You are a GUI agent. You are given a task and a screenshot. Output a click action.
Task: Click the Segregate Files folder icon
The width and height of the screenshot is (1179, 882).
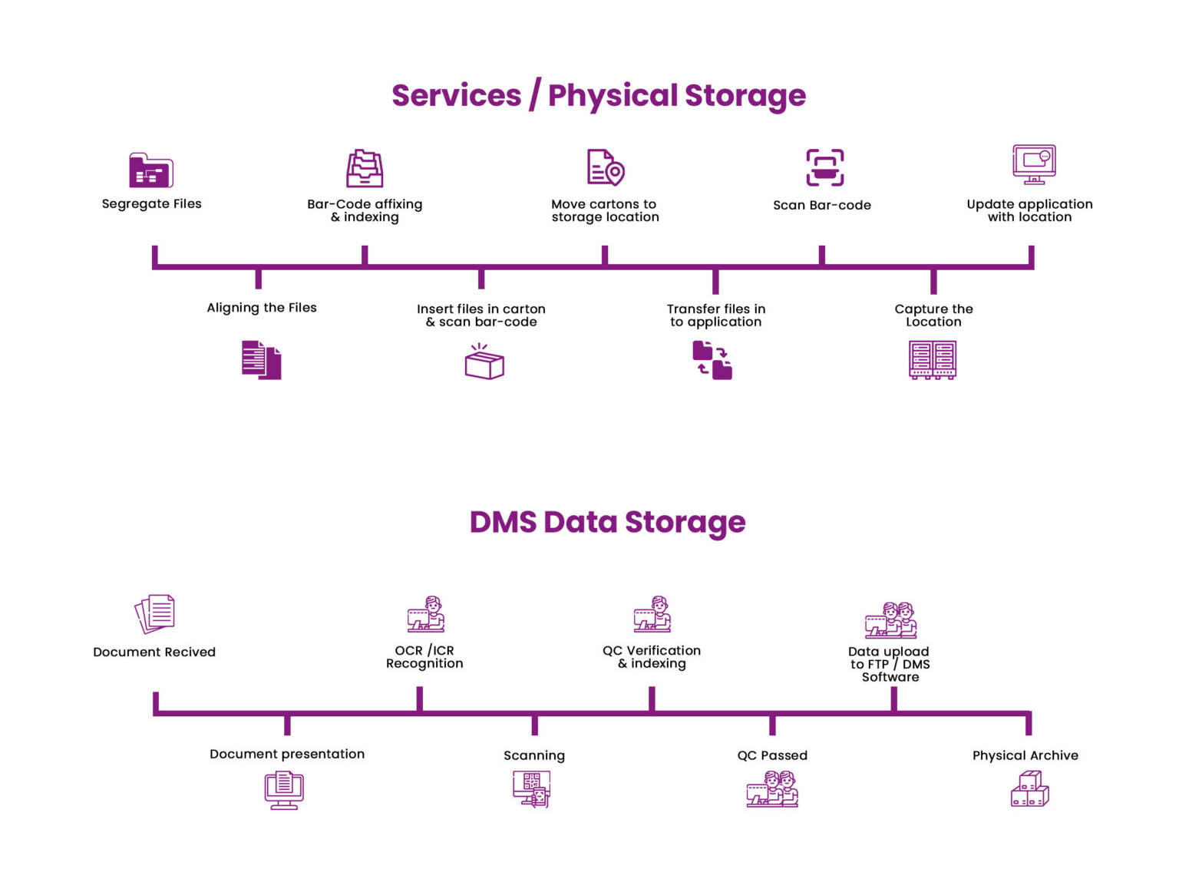[151, 170]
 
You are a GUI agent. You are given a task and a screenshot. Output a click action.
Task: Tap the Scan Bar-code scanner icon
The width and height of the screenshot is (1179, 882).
[824, 167]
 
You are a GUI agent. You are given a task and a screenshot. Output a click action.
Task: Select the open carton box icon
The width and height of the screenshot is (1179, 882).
[484, 362]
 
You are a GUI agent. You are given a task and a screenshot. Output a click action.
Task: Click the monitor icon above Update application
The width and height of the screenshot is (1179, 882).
[1034, 164]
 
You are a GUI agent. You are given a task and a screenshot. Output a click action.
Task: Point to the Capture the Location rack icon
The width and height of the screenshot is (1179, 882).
[932, 360]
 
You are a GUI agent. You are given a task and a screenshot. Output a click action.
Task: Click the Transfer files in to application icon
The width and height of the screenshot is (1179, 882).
[712, 361]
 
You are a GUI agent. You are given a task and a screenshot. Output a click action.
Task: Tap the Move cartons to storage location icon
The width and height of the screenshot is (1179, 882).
[606, 167]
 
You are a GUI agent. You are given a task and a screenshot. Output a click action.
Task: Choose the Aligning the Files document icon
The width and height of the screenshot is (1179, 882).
[262, 359]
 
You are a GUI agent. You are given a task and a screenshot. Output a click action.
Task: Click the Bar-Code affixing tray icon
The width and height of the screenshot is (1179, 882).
[365, 168]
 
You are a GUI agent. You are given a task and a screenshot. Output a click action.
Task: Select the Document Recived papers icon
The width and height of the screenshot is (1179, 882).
[155, 613]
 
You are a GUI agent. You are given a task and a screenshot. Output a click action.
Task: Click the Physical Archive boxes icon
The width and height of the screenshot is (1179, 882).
[1029, 789]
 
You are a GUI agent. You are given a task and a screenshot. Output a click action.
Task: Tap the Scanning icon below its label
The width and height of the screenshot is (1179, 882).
[532, 789]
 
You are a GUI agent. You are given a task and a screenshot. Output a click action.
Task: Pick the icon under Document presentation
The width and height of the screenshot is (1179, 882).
[284, 790]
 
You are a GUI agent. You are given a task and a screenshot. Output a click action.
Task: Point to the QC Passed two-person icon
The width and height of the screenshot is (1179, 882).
[772, 789]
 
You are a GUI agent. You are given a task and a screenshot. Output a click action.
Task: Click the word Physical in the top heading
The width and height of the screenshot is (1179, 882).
[613, 96]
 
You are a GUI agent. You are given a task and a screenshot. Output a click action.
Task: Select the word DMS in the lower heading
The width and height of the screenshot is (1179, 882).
[503, 522]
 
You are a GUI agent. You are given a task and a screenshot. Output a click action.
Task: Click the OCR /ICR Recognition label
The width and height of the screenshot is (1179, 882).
[424, 657]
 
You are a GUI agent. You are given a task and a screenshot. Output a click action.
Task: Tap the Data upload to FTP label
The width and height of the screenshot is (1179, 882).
[890, 664]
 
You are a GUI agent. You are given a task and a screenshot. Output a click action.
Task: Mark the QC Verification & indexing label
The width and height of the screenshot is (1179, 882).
[652, 657]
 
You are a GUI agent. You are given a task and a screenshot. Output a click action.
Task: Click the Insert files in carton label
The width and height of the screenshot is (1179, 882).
[481, 315]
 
